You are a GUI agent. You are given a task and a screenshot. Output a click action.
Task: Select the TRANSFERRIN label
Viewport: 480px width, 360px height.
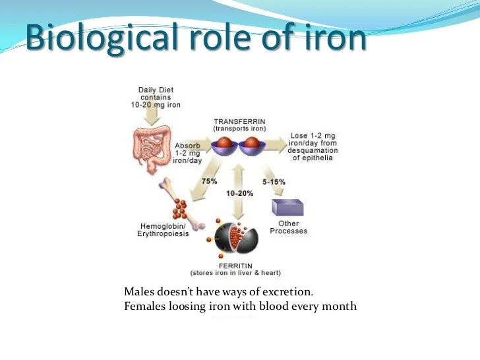point(239,122)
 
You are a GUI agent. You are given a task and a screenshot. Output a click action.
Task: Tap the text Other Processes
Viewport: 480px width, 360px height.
point(289,227)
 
